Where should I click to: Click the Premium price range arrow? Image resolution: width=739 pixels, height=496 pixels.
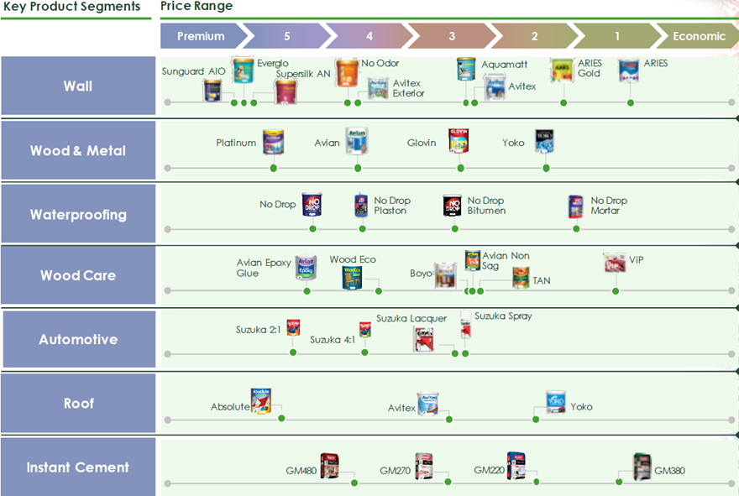[x=202, y=36]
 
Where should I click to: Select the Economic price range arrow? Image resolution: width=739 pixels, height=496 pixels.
[x=699, y=36]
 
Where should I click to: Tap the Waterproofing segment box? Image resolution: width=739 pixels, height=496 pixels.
[x=78, y=214]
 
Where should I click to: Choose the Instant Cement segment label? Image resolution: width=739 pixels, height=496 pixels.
[x=78, y=467]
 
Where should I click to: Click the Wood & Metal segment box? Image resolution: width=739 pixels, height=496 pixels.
[x=78, y=151]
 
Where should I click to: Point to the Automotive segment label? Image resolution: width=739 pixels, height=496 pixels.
[x=78, y=340]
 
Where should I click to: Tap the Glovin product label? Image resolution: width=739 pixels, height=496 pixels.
[x=422, y=143]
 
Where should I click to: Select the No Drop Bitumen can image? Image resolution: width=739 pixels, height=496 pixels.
[x=453, y=206]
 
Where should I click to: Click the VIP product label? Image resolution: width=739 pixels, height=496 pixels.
[x=637, y=260]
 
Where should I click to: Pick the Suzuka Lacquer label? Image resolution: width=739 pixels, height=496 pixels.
[x=411, y=319]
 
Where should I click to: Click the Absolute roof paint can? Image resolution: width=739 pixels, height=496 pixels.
[x=261, y=401]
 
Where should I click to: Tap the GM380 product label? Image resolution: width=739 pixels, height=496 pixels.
[x=669, y=471]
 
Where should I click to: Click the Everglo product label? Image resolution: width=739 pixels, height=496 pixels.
[x=273, y=64]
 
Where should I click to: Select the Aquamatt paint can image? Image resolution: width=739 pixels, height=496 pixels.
[x=466, y=69]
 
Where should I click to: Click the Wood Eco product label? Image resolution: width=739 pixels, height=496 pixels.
[x=353, y=260]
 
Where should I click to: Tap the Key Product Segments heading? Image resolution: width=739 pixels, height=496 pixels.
[x=71, y=7]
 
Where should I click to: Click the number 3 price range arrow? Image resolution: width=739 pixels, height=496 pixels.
[x=452, y=36]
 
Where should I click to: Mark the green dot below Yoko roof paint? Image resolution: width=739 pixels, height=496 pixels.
[x=536, y=418]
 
